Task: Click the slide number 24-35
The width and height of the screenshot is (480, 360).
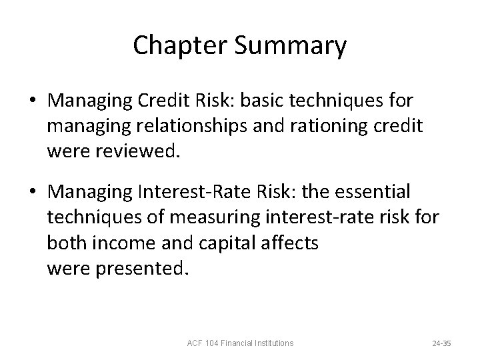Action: [x=441, y=343]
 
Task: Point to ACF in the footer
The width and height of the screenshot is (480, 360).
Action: [x=195, y=343]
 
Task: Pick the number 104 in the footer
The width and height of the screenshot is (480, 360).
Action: [x=214, y=343]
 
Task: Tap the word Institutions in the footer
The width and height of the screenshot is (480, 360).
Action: [x=273, y=343]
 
